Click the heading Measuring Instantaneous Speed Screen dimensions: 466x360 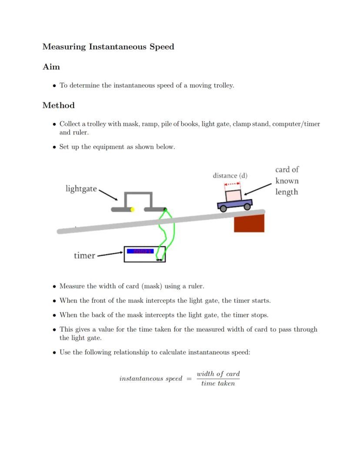tap(108, 47)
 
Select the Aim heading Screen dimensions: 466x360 tap(51, 67)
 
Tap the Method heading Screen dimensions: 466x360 tap(58, 105)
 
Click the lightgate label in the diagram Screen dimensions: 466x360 tap(81, 188)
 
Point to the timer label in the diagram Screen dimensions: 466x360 tap(84, 255)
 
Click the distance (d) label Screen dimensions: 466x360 tap(230, 176)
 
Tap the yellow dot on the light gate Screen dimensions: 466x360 tap(133, 209)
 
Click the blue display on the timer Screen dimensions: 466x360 tap(140, 251)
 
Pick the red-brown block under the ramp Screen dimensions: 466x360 tap(249, 224)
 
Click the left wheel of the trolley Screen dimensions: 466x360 tap(223, 209)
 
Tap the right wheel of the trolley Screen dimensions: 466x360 tap(247, 207)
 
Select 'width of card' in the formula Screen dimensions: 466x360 tap(218, 374)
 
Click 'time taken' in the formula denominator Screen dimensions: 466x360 tap(218, 383)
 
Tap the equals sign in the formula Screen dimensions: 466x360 tap(189, 379)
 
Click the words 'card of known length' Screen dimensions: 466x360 tap(287, 181)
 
